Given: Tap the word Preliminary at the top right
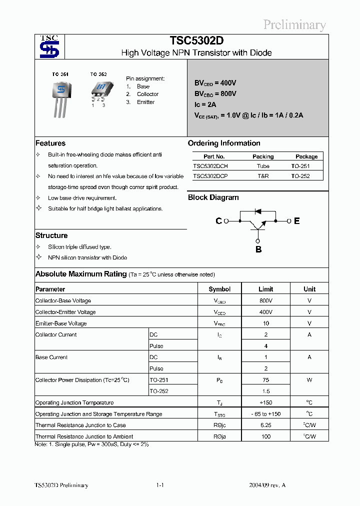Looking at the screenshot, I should point(294,24).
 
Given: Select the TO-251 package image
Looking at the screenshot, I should point(60,98).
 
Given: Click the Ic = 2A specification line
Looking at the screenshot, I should point(205,104).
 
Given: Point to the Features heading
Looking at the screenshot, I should point(50,143).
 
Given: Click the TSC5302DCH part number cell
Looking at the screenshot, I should point(210,166).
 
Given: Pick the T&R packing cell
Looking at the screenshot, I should point(263,176).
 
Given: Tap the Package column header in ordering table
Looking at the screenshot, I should point(306,156).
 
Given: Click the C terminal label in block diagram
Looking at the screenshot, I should point(218,221).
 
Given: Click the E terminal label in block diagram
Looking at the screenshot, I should point(296,221).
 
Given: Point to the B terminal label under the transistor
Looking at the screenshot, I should point(258,249).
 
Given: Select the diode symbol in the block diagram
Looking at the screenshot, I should point(258,210).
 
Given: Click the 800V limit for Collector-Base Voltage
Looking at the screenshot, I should point(266,301).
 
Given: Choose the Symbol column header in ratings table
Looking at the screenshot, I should point(219,289).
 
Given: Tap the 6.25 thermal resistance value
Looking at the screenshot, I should point(266,425).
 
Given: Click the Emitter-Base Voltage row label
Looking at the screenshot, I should point(61,323).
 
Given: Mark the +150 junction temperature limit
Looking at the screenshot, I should point(266,403).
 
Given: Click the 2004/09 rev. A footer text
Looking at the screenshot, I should point(267,485).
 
